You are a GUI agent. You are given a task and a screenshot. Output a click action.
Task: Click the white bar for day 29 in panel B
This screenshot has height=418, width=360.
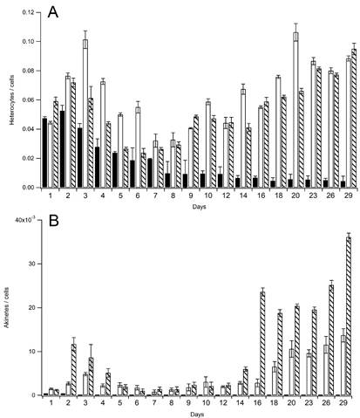(x=343, y=366)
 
